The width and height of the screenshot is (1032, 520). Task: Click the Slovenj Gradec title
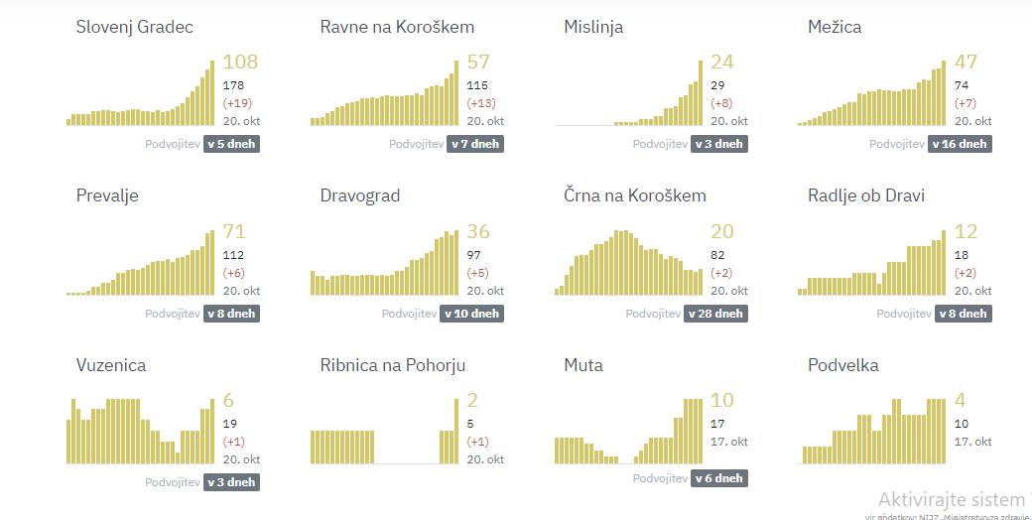pyautogui.click(x=134, y=27)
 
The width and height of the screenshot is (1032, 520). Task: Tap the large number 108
pyautogui.click(x=240, y=62)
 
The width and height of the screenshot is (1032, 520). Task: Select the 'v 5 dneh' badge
pyautogui.click(x=231, y=144)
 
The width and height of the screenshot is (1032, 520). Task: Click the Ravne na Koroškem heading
pyautogui.click(x=397, y=27)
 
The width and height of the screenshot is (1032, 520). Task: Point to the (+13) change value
pyautogui.click(x=481, y=103)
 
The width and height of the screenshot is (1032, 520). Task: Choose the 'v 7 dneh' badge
pyautogui.click(x=475, y=144)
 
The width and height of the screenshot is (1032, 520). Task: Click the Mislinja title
pyautogui.click(x=593, y=27)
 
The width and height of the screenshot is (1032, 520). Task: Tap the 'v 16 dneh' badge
pyautogui.click(x=960, y=144)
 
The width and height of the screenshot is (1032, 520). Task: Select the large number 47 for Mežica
pyautogui.click(x=966, y=62)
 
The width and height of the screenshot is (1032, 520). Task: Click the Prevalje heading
pyautogui.click(x=107, y=195)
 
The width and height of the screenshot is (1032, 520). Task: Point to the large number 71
pyautogui.click(x=234, y=231)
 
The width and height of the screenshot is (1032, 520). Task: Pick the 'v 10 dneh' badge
pyautogui.click(x=475, y=314)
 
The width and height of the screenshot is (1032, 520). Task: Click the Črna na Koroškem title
pyautogui.click(x=635, y=195)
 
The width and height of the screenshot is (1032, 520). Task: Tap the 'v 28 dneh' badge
pyautogui.click(x=719, y=314)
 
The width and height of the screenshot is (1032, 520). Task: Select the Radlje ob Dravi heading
pyautogui.click(x=870, y=195)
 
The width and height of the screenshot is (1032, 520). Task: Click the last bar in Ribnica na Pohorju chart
pyautogui.click(x=456, y=431)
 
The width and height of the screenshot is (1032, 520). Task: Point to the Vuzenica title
pyautogui.click(x=111, y=365)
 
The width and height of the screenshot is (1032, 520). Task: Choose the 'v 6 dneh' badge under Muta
pyautogui.click(x=719, y=478)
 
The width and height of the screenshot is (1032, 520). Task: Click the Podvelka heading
pyautogui.click(x=843, y=365)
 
